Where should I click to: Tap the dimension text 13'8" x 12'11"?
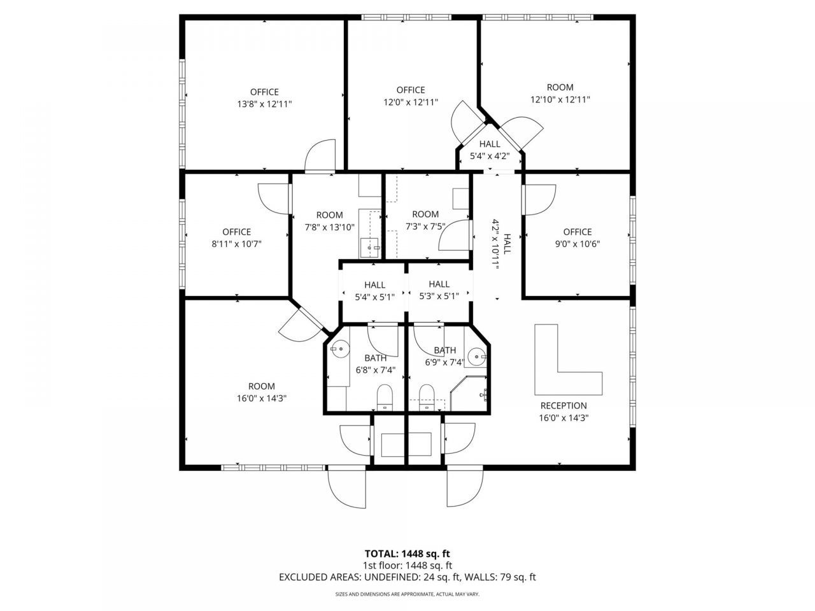coord(264,104)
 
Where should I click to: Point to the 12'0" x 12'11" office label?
coord(411,95)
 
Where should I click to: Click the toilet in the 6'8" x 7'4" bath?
coord(385,397)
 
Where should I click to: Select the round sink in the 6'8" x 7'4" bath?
coord(340,349)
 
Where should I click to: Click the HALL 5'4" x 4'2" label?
coord(490,150)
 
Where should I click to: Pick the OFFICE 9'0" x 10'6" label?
coord(578,238)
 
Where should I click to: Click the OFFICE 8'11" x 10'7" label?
coord(236,238)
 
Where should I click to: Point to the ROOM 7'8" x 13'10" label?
coord(330,221)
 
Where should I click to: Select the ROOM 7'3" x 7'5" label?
coord(425,220)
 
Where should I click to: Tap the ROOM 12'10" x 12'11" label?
coord(560,93)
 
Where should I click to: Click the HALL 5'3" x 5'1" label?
coord(439,290)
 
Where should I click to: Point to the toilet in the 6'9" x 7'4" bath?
coord(427,397)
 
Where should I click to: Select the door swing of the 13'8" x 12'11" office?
coord(320,156)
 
